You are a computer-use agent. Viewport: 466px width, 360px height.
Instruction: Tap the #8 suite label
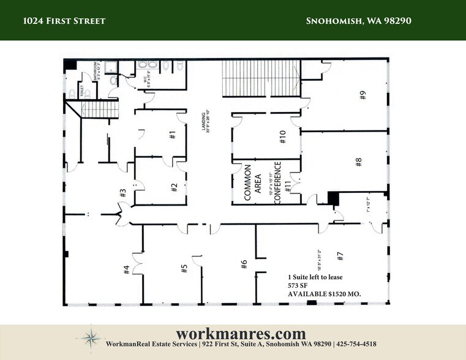point(359,162)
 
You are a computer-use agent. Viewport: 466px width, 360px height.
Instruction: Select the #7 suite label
point(341,257)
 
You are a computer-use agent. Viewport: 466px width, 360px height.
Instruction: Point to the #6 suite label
point(243,264)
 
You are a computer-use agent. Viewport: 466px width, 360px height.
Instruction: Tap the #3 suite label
point(122,193)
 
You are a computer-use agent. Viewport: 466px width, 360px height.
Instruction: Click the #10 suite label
point(283,137)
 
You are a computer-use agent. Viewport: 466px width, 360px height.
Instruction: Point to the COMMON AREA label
point(252,183)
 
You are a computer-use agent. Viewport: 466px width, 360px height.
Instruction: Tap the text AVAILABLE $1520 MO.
point(325,294)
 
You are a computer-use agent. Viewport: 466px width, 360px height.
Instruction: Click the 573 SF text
point(298,285)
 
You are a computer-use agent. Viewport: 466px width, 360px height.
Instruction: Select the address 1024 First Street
point(64,21)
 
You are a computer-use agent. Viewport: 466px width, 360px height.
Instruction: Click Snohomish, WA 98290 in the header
point(358,21)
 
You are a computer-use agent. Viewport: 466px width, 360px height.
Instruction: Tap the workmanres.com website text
point(240,334)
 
